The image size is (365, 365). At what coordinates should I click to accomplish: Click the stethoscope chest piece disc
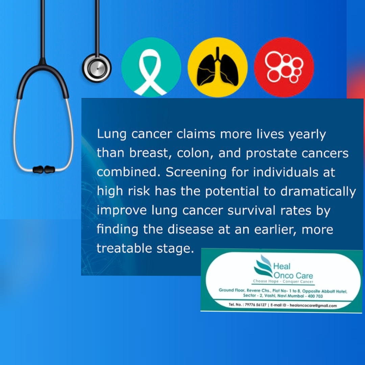[97, 68]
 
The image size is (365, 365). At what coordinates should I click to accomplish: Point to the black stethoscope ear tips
[44, 169]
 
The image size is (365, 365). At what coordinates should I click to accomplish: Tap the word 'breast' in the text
[148, 153]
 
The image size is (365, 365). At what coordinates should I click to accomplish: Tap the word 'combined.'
[129, 172]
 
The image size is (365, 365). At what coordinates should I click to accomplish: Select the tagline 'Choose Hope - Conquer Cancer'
[283, 281]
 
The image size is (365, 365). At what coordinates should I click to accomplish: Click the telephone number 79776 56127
[255, 305]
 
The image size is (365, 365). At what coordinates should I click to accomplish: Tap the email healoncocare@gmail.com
[313, 306]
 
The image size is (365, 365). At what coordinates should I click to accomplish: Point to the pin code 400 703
[315, 296]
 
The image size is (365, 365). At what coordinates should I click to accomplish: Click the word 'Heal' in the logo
[282, 266]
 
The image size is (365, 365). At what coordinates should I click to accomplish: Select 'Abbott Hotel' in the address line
[335, 291]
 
